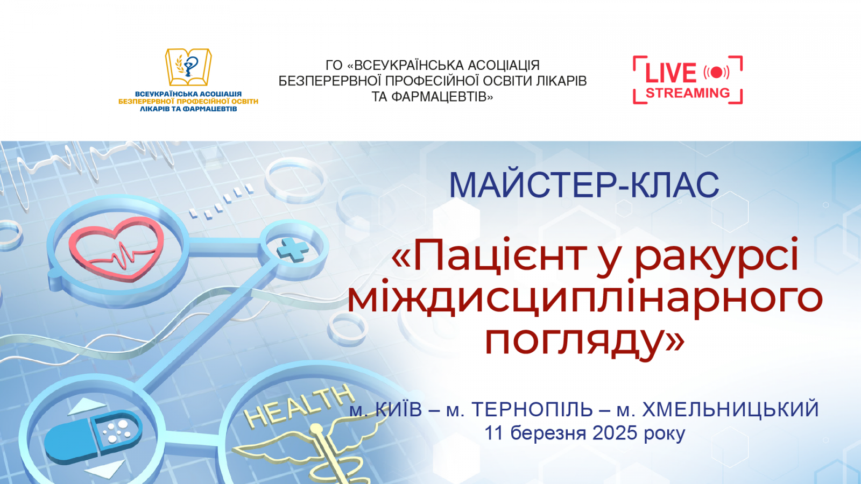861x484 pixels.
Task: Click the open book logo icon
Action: click(x=188, y=67)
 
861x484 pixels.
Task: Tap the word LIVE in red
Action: click(x=671, y=73)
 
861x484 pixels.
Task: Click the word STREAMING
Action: click(x=688, y=93)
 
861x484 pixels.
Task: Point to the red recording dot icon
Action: click(x=716, y=72)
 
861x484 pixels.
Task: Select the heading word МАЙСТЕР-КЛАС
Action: click(x=584, y=185)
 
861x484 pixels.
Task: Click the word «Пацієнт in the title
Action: click(x=489, y=256)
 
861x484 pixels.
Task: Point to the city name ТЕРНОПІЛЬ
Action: click(x=532, y=410)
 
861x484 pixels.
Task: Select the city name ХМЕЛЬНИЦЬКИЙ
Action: click(x=730, y=410)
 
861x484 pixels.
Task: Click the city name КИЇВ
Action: click(x=398, y=410)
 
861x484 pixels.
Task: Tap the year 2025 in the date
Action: click(x=615, y=433)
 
